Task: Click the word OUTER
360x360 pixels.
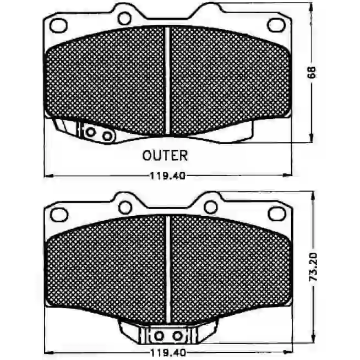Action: [165, 155]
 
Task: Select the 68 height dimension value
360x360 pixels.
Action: [312, 73]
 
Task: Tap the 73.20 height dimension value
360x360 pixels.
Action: [313, 266]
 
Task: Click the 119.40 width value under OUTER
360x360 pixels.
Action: [167, 176]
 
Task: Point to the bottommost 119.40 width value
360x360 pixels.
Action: [167, 352]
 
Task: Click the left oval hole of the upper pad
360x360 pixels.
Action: [58, 25]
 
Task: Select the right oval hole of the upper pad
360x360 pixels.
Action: [277, 25]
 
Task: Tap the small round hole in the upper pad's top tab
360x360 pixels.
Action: [124, 19]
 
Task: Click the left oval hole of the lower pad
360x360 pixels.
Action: [59, 215]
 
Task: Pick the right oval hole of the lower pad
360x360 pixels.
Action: [277, 214]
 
